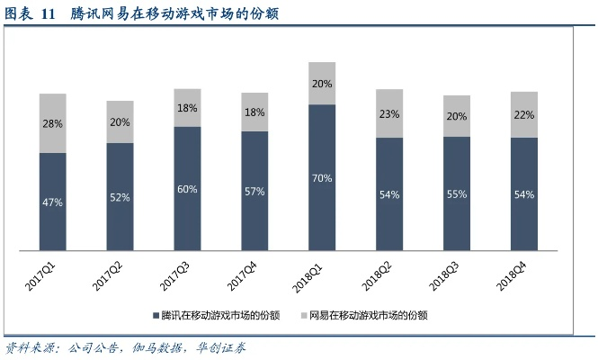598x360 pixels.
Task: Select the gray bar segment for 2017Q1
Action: point(53,122)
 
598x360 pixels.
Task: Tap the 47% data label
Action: point(53,202)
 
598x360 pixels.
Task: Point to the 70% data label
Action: point(322,178)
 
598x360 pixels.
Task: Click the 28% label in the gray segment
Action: point(53,123)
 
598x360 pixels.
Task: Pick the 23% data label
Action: point(389,114)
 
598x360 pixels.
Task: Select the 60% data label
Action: point(188,189)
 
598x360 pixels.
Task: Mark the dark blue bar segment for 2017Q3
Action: point(188,189)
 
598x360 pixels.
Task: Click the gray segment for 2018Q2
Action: point(389,113)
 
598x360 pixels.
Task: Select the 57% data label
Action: point(254,192)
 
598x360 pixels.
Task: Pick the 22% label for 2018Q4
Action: point(524,115)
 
